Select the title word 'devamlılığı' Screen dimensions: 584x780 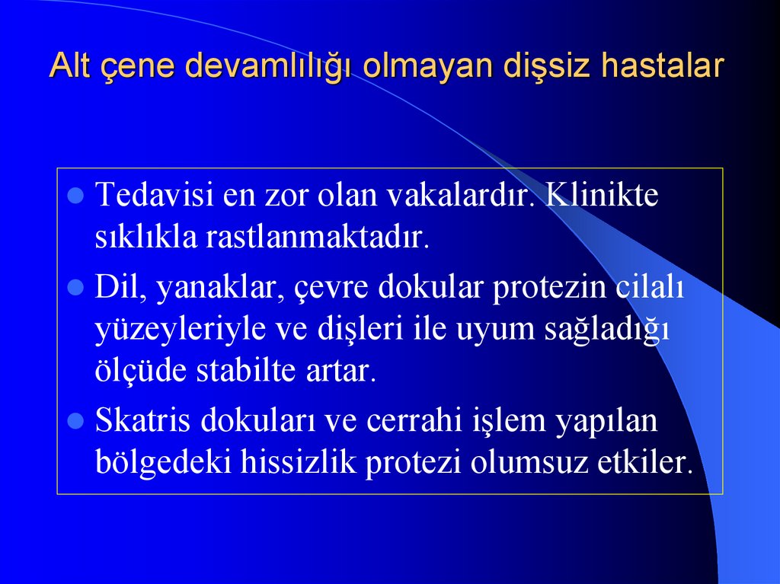click(x=267, y=67)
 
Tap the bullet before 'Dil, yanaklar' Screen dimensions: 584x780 click(x=75, y=289)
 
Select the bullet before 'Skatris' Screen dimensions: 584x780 click(x=75, y=420)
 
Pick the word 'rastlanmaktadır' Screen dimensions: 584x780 click(x=317, y=238)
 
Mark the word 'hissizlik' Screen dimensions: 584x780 click(x=300, y=463)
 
